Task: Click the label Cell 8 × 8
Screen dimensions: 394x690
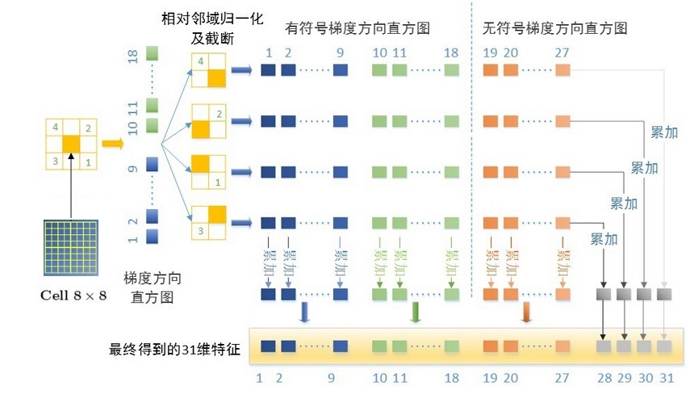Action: pyautogui.click(x=73, y=295)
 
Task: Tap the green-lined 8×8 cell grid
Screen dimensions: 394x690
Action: pyautogui.click(x=73, y=247)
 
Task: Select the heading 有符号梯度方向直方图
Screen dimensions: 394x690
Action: pyautogui.click(x=357, y=27)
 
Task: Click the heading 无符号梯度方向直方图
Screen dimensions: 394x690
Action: pyautogui.click(x=554, y=27)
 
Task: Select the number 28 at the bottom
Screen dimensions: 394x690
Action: pyautogui.click(x=603, y=377)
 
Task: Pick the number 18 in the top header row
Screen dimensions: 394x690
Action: pyautogui.click(x=451, y=52)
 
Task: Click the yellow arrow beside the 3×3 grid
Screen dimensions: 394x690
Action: pyautogui.click(x=111, y=145)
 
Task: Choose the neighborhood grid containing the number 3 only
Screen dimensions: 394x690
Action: pyautogui.click(x=208, y=221)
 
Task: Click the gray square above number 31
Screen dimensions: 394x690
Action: pyautogui.click(x=663, y=347)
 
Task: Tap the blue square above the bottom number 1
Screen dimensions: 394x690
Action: pyautogui.click(x=267, y=347)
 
